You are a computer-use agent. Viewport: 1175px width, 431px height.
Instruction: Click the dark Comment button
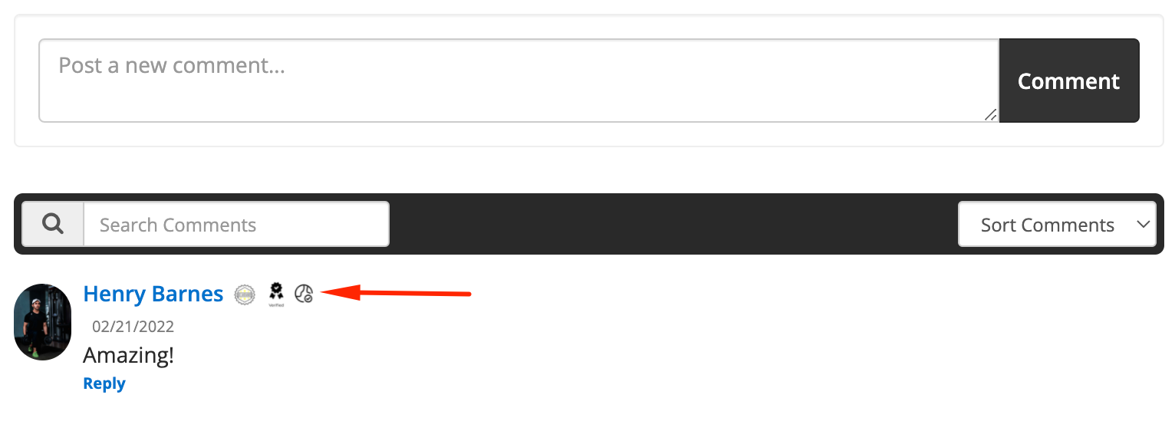click(x=1068, y=81)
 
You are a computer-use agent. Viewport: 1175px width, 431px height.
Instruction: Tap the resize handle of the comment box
click(x=990, y=115)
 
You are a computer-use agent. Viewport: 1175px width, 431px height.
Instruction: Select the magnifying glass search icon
click(x=53, y=224)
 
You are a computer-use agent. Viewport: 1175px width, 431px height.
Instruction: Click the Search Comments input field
click(x=236, y=225)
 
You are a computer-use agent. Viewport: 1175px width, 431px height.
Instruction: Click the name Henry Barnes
click(x=153, y=294)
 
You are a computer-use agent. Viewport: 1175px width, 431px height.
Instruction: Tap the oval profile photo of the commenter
click(x=43, y=322)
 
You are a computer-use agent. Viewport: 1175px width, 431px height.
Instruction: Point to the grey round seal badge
click(x=245, y=294)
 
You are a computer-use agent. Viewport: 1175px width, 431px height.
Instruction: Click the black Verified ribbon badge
click(x=276, y=292)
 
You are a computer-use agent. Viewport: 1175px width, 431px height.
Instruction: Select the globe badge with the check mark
click(x=304, y=293)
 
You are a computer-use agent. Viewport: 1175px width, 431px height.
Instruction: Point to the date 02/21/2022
click(x=133, y=327)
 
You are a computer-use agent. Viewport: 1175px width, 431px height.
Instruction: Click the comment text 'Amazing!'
click(x=128, y=355)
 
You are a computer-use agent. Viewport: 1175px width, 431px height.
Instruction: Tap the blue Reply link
click(x=104, y=383)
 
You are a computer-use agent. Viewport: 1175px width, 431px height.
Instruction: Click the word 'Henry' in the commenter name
click(x=114, y=294)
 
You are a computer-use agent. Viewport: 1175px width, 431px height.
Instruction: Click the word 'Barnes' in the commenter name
click(x=188, y=294)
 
